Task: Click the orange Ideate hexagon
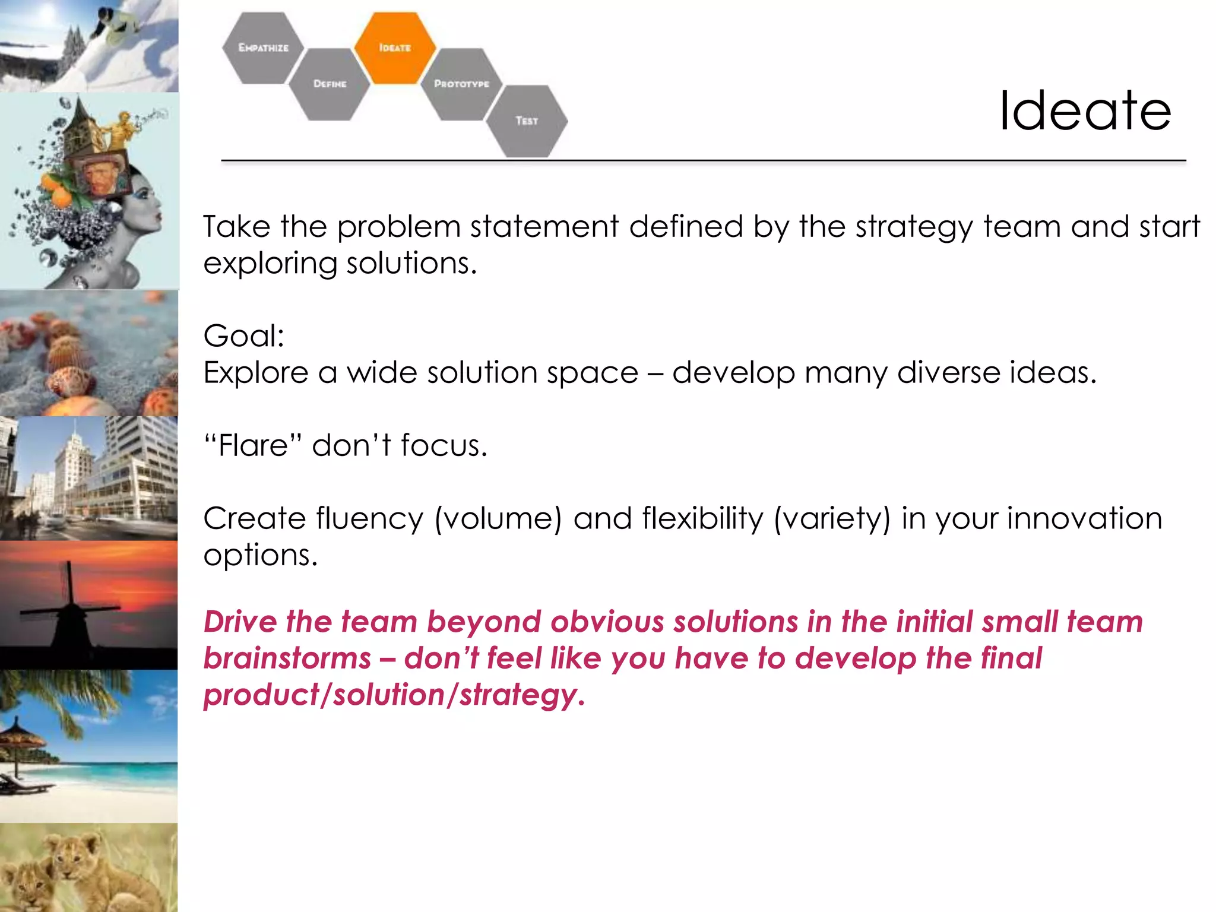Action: [395, 47]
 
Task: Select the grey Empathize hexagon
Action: [263, 47]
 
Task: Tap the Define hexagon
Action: [330, 84]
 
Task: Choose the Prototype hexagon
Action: [461, 84]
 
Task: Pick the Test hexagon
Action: [527, 121]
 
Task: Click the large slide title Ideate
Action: [1084, 111]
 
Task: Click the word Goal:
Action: [243, 336]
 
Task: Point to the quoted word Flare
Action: [254, 445]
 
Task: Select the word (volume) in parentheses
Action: [498, 518]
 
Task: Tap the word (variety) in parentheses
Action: [832, 518]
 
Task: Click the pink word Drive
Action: [240, 622]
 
